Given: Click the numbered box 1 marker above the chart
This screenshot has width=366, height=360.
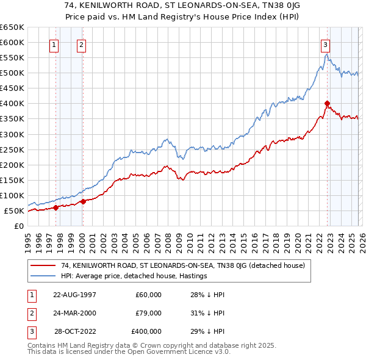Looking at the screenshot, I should click(x=54, y=44).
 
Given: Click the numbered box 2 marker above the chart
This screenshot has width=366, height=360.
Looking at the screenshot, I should click(x=81, y=44).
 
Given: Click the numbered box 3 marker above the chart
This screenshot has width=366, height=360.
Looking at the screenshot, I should click(x=325, y=44).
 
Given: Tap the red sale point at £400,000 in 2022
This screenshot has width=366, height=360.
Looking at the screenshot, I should click(x=328, y=103).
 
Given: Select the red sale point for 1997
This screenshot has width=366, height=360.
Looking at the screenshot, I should click(x=56, y=207).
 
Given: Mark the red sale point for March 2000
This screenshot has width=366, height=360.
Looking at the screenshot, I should click(x=83, y=201).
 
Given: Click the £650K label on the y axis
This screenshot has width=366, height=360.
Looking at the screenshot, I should click(x=12, y=27).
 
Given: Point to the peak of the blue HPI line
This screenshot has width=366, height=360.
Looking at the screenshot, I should click(x=326, y=54).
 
